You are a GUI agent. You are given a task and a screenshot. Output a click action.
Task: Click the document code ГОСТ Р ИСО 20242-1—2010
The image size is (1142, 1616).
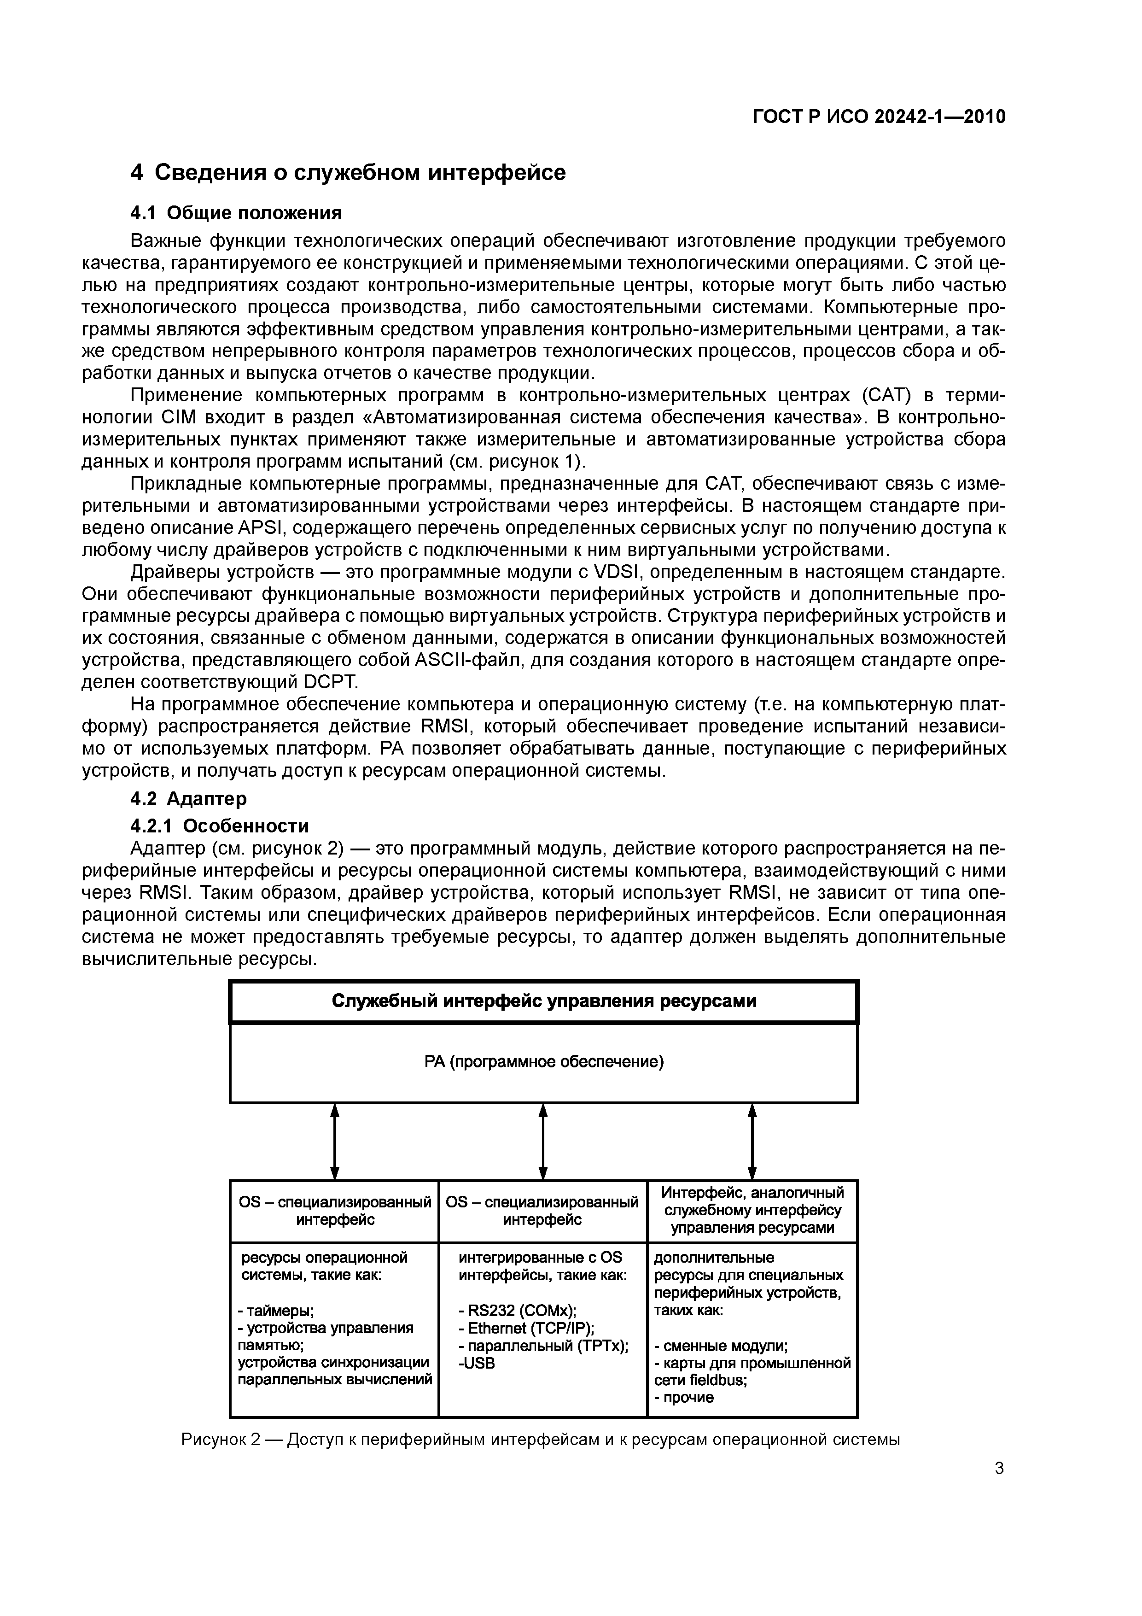click(879, 117)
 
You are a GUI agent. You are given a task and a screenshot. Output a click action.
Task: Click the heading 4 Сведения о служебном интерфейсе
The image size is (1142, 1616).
click(348, 172)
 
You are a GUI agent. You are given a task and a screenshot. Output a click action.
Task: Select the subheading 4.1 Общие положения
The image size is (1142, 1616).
click(236, 212)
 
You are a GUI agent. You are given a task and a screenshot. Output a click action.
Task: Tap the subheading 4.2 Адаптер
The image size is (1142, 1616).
click(189, 798)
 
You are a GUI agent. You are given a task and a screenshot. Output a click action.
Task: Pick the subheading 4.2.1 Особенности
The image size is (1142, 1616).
click(220, 825)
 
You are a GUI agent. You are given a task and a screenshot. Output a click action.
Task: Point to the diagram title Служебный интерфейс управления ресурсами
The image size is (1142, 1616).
click(543, 1001)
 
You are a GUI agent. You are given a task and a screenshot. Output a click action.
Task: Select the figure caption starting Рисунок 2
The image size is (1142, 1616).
click(541, 1440)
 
